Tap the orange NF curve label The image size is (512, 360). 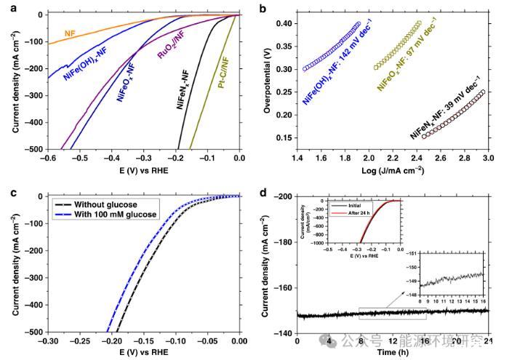(71, 33)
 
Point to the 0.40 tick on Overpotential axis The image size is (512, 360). (289, 24)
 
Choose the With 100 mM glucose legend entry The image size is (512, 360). (110, 215)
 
